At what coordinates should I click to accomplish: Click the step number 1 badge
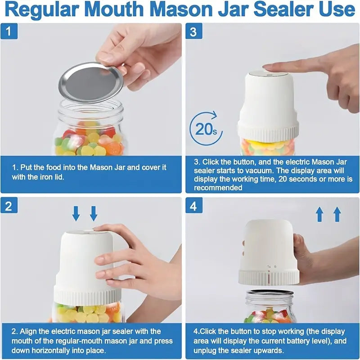pyautogui.click(x=9, y=32)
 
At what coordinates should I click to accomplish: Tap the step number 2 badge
pyautogui.click(x=9, y=207)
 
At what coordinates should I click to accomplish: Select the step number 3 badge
pyautogui.click(x=194, y=32)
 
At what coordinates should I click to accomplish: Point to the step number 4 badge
pyautogui.click(x=194, y=207)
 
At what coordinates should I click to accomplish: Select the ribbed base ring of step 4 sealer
pyautogui.click(x=269, y=277)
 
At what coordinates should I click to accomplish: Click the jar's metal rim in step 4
pyautogui.click(x=270, y=292)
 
